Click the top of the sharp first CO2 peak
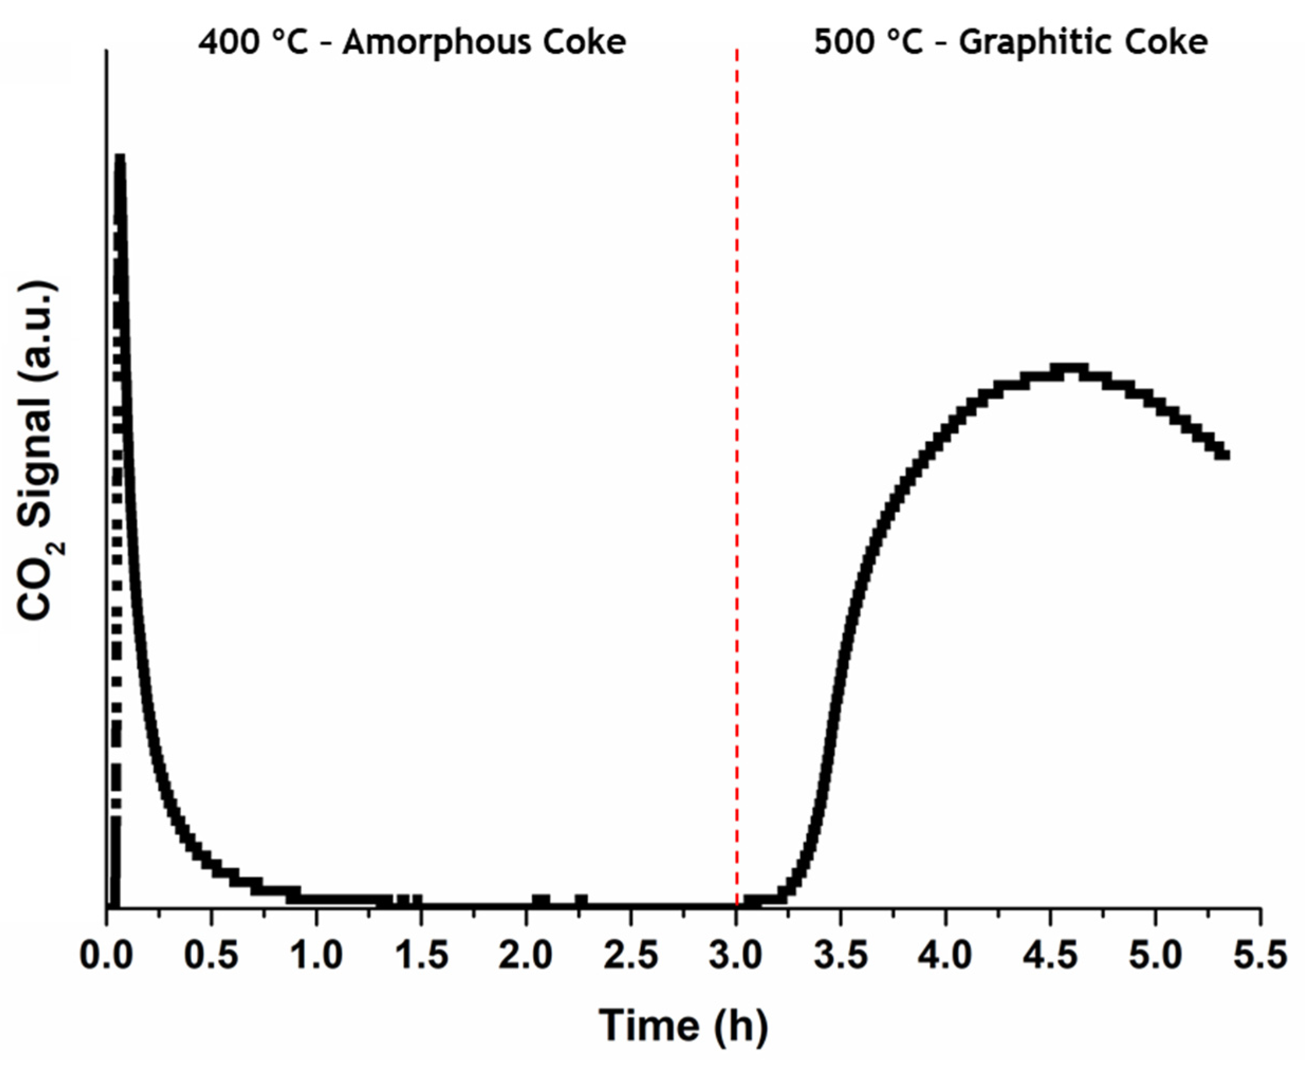[120, 158]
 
